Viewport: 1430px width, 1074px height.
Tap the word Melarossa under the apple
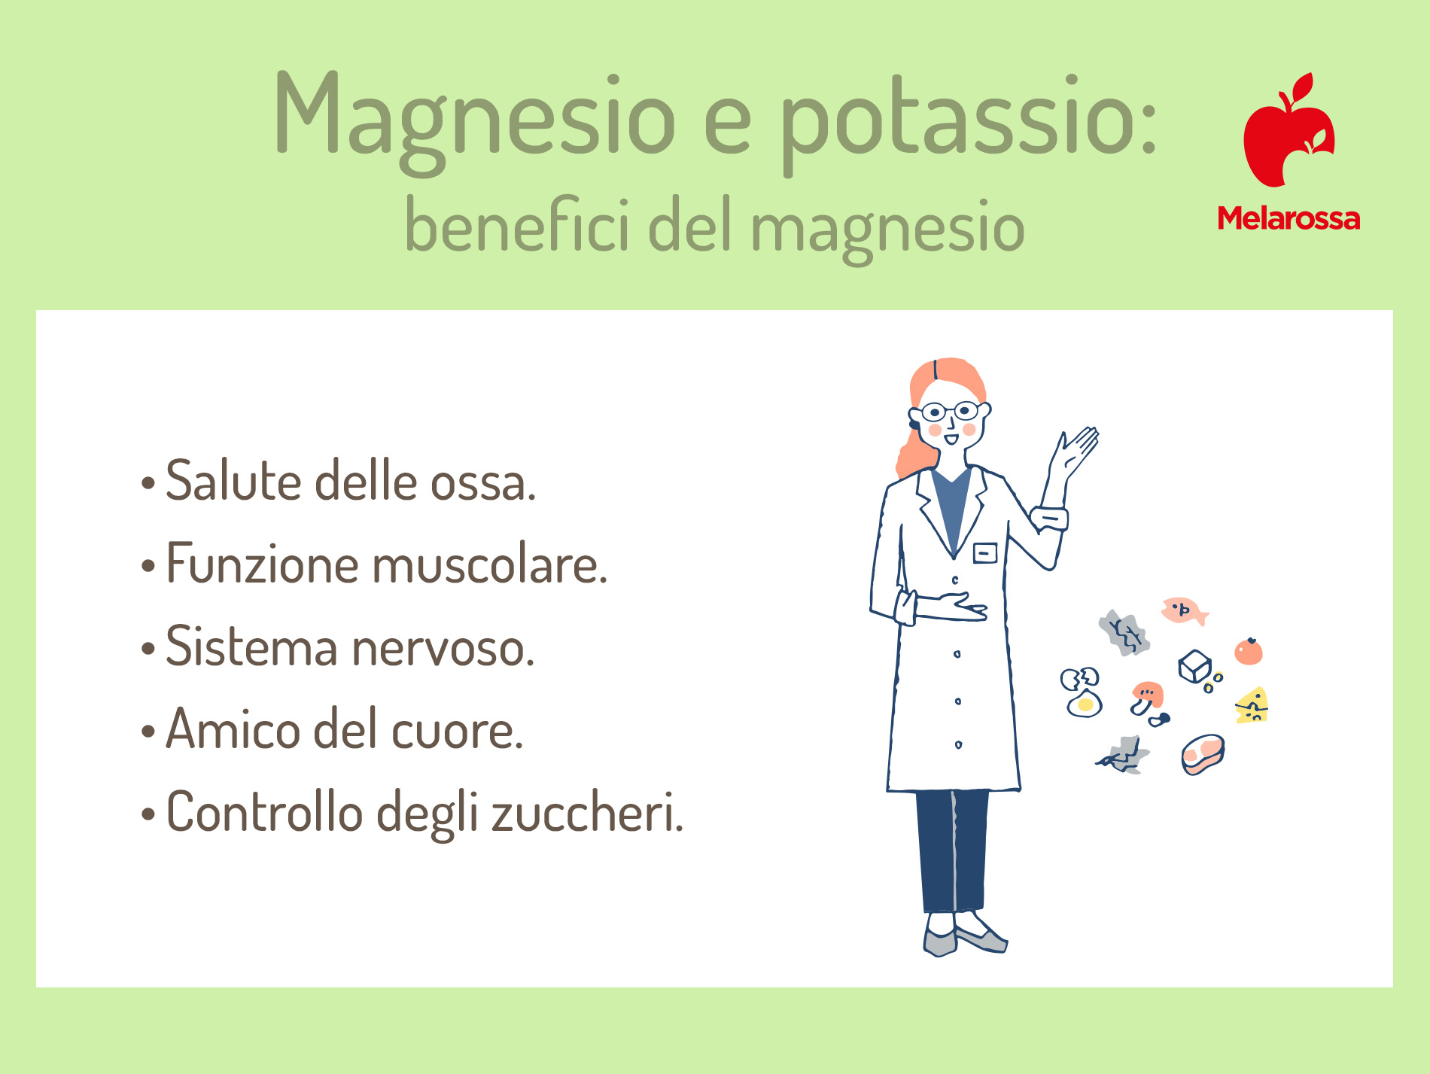tap(1289, 218)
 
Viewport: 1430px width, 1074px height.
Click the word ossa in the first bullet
tap(482, 482)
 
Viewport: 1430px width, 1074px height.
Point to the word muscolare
tap(490, 564)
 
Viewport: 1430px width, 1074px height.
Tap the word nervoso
tap(443, 648)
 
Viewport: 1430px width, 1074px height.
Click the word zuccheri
tap(587, 812)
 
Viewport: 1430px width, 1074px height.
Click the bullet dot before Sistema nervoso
tap(148, 648)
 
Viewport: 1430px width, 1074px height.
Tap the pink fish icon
tap(1184, 610)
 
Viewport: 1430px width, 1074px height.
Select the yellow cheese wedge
tap(1252, 705)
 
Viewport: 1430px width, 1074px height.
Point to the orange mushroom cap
tap(1148, 692)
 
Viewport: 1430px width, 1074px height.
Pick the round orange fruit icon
tap(1249, 651)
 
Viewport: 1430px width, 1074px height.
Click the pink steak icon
tap(1203, 754)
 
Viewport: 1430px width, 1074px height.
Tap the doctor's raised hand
tap(1076, 451)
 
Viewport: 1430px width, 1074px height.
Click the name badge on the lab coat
tap(984, 553)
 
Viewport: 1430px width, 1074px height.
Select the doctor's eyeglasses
tap(950, 412)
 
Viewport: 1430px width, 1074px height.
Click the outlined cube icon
tap(1194, 666)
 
